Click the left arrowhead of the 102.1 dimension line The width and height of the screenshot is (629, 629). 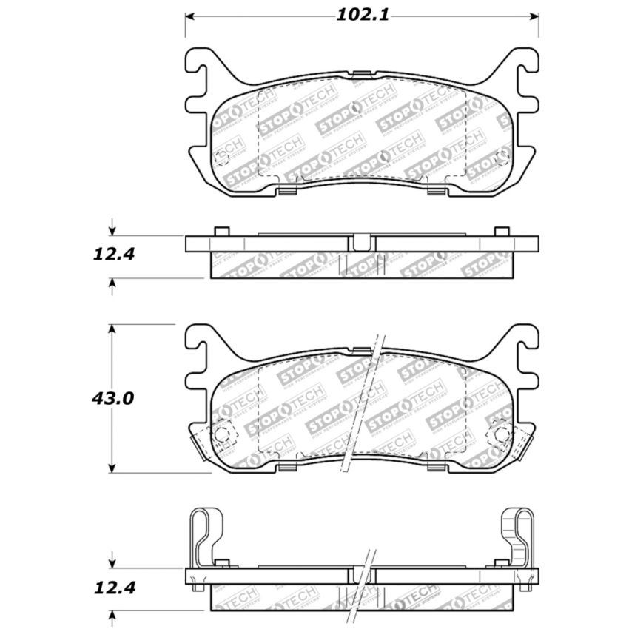(189, 16)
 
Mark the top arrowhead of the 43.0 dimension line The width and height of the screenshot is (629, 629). (112, 329)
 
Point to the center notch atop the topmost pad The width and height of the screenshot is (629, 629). (361, 73)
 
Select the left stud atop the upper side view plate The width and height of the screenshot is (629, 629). (219, 232)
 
